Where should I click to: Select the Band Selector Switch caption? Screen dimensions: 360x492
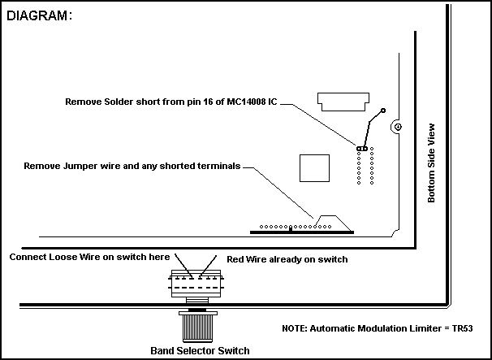pos(200,350)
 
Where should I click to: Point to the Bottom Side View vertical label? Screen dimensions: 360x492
pos(432,163)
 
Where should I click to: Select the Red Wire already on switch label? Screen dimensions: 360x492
pos(287,259)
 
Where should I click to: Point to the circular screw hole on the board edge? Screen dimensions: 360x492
pos(396,127)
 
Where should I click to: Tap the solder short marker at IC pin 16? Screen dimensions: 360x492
pos(362,147)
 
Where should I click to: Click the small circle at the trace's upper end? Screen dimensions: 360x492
pos(383,110)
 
